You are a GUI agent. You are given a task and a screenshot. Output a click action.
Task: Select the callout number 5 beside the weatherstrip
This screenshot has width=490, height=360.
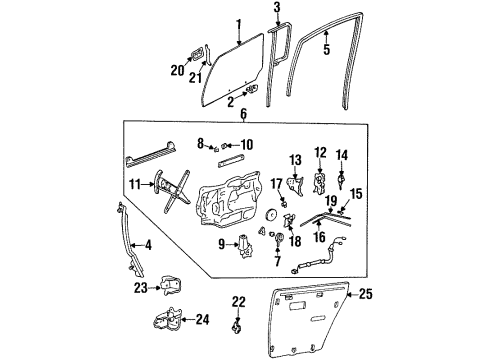coord(325,45)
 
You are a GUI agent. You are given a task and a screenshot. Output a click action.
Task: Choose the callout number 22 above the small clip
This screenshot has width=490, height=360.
coord(237,301)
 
